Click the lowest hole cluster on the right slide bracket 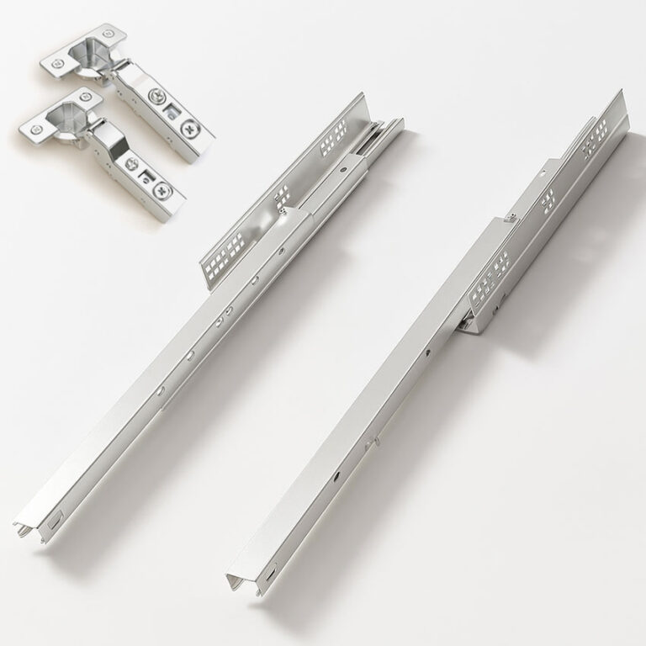489,287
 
